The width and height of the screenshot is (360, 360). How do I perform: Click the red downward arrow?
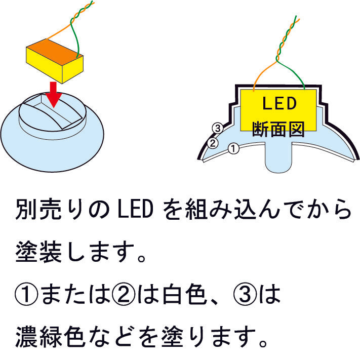pos(54,95)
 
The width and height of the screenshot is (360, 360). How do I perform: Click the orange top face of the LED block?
pos(55,52)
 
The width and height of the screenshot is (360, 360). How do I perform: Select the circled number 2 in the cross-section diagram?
pos(213,143)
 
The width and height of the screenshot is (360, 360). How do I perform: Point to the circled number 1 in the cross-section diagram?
pos(233,148)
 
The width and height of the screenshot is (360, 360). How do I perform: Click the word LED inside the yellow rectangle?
pos(279,103)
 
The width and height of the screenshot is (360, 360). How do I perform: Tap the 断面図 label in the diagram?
pos(278,129)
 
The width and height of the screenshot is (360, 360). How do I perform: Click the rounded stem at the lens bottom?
pos(278,158)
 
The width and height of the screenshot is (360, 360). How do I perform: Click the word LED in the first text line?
pos(135,210)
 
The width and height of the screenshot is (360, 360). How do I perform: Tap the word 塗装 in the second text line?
pos(38,252)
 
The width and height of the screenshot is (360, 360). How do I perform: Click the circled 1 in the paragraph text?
pos(26,294)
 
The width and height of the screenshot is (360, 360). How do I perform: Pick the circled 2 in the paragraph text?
pos(124,294)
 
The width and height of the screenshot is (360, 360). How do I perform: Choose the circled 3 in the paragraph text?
pos(245,294)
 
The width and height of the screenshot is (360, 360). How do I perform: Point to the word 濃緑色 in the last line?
pos(51,337)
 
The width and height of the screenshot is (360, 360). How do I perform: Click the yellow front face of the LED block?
pos(44,65)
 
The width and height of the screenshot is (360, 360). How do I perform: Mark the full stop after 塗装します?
pos(142,259)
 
